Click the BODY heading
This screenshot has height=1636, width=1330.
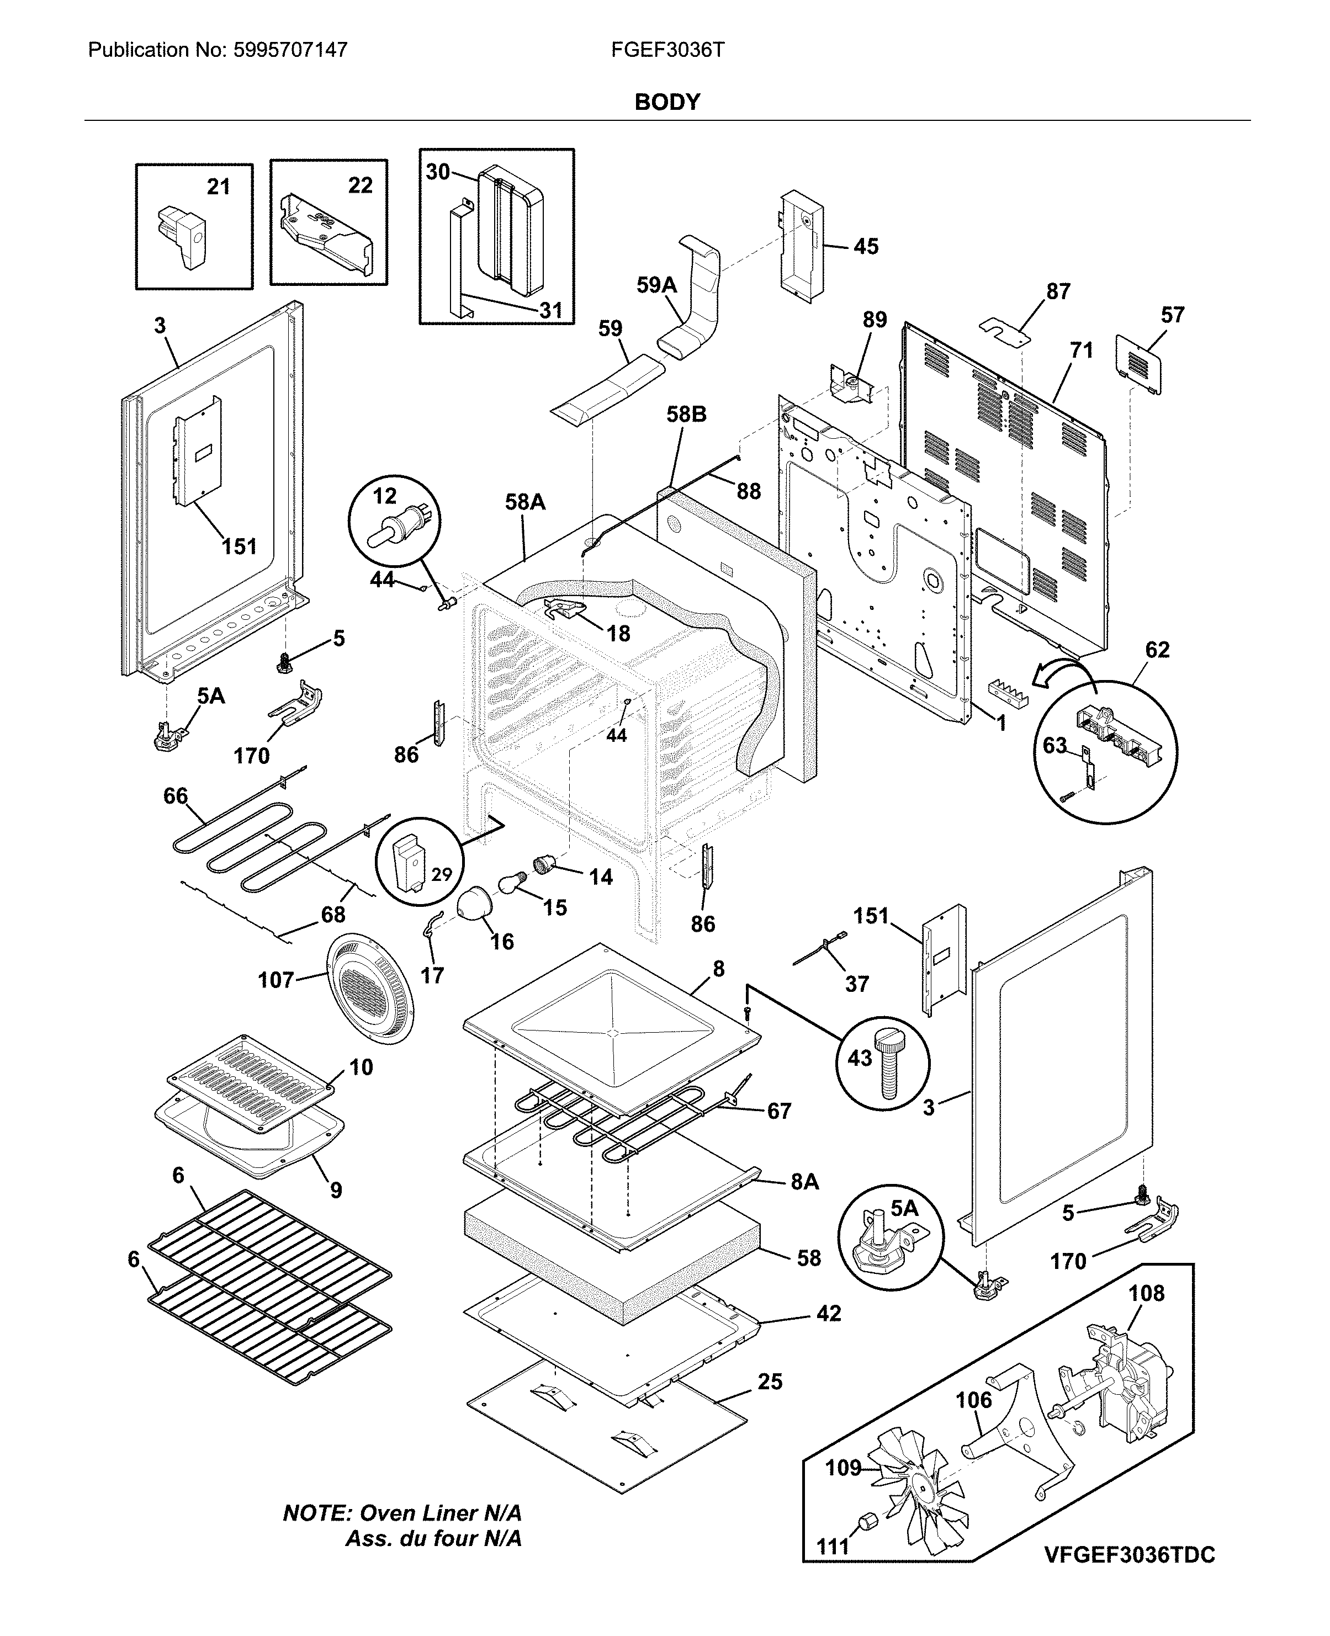coord(666,102)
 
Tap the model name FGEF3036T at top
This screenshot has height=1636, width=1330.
coord(667,51)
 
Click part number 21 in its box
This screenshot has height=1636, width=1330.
coord(218,187)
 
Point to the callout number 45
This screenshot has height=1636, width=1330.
coord(866,247)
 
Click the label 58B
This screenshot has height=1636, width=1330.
coord(686,415)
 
